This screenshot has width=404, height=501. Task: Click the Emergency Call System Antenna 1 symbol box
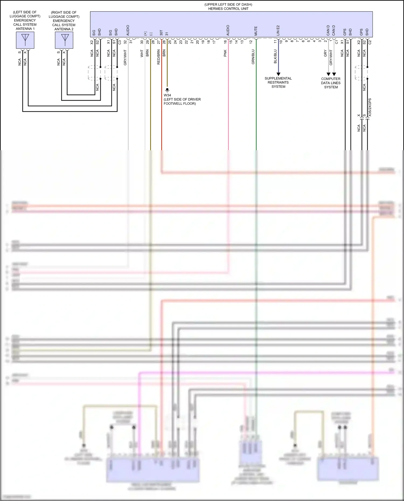point(25,40)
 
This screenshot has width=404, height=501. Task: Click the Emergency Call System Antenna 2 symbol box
point(64,40)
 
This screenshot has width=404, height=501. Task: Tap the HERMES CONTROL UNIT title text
point(228,9)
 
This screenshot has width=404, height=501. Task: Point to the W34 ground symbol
point(167,90)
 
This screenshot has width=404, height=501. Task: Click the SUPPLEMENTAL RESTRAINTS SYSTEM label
point(278,82)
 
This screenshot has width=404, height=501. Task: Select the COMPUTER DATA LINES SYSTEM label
point(331,83)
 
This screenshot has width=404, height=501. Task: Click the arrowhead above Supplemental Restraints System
point(278,74)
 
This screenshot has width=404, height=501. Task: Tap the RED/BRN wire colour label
point(159,57)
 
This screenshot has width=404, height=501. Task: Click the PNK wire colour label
point(225,53)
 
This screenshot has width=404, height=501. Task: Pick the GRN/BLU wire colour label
point(253,57)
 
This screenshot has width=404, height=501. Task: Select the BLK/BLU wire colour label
point(275,56)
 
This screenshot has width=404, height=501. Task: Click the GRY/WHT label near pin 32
point(125,57)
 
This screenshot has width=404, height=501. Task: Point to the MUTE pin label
point(256,31)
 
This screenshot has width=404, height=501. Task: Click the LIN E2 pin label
point(278,30)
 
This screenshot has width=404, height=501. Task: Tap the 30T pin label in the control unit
point(161,33)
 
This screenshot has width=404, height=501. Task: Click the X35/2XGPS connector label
point(370,107)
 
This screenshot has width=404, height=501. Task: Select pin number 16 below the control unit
point(225,42)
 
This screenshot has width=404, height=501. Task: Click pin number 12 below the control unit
point(251,42)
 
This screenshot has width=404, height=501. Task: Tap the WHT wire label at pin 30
point(142,53)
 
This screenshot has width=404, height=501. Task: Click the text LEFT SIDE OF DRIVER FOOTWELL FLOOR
point(182,101)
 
